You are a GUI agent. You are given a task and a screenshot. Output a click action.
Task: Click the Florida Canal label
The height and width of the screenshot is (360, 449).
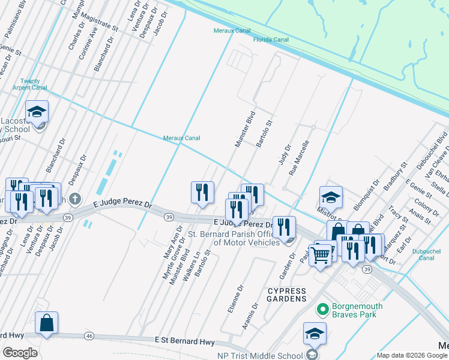(270, 40)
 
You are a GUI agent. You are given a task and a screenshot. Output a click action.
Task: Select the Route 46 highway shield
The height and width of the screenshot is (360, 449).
(88, 335)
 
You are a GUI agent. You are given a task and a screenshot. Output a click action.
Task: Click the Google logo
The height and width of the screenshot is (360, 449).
(20, 353)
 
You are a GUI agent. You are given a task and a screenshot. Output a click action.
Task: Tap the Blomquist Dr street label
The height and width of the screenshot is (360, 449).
(366, 195)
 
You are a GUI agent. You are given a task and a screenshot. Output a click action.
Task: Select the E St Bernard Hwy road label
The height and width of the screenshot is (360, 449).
(184, 341)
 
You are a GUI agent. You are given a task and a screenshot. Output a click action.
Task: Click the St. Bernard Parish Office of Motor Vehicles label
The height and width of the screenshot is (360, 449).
(234, 238)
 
